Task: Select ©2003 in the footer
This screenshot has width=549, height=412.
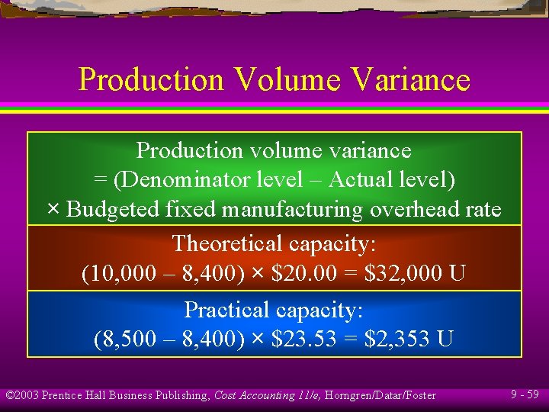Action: pos(22,395)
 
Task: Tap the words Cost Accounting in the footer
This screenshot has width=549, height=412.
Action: pos(252,395)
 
